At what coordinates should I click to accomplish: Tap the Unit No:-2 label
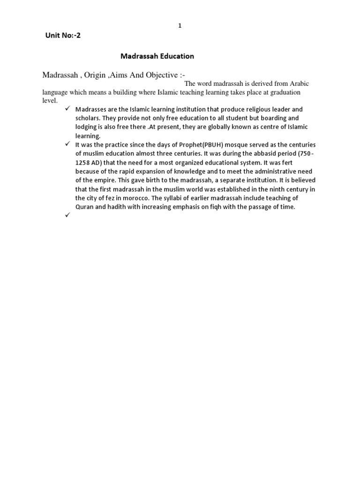63,35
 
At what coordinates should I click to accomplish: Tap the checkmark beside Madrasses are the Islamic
68,109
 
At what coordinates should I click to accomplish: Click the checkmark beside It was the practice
68,145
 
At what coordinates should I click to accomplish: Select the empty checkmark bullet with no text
68,216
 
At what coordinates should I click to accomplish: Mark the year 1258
83,163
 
